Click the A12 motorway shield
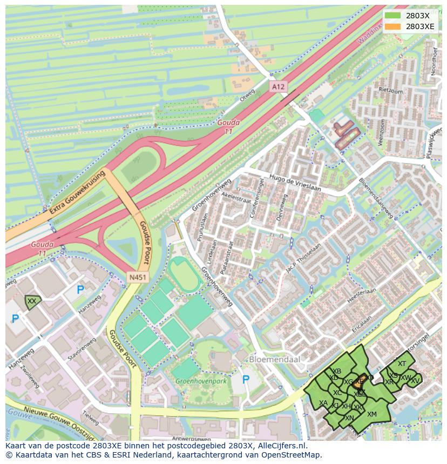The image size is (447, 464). pyautogui.click(x=277, y=86)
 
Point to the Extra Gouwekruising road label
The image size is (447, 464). pyautogui.click(x=76, y=192)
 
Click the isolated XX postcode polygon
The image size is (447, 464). pyautogui.click(x=32, y=302)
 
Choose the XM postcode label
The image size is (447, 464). pyautogui.click(x=371, y=414)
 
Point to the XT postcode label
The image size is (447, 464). pyautogui.click(x=402, y=364)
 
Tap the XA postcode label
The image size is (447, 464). pyautogui.click(x=323, y=403)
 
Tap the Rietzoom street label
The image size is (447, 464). pyautogui.click(x=391, y=91)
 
